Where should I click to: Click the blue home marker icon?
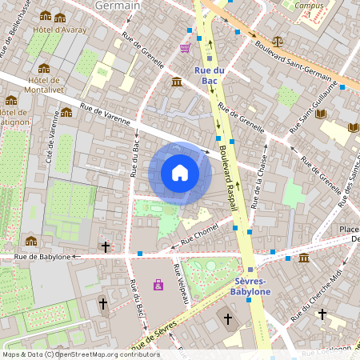pos(180,173)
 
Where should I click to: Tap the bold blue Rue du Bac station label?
pos(208,76)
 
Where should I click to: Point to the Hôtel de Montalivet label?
pos(44,85)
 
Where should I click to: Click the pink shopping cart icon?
pos(186,48)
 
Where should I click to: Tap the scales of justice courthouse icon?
pos(277,40)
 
